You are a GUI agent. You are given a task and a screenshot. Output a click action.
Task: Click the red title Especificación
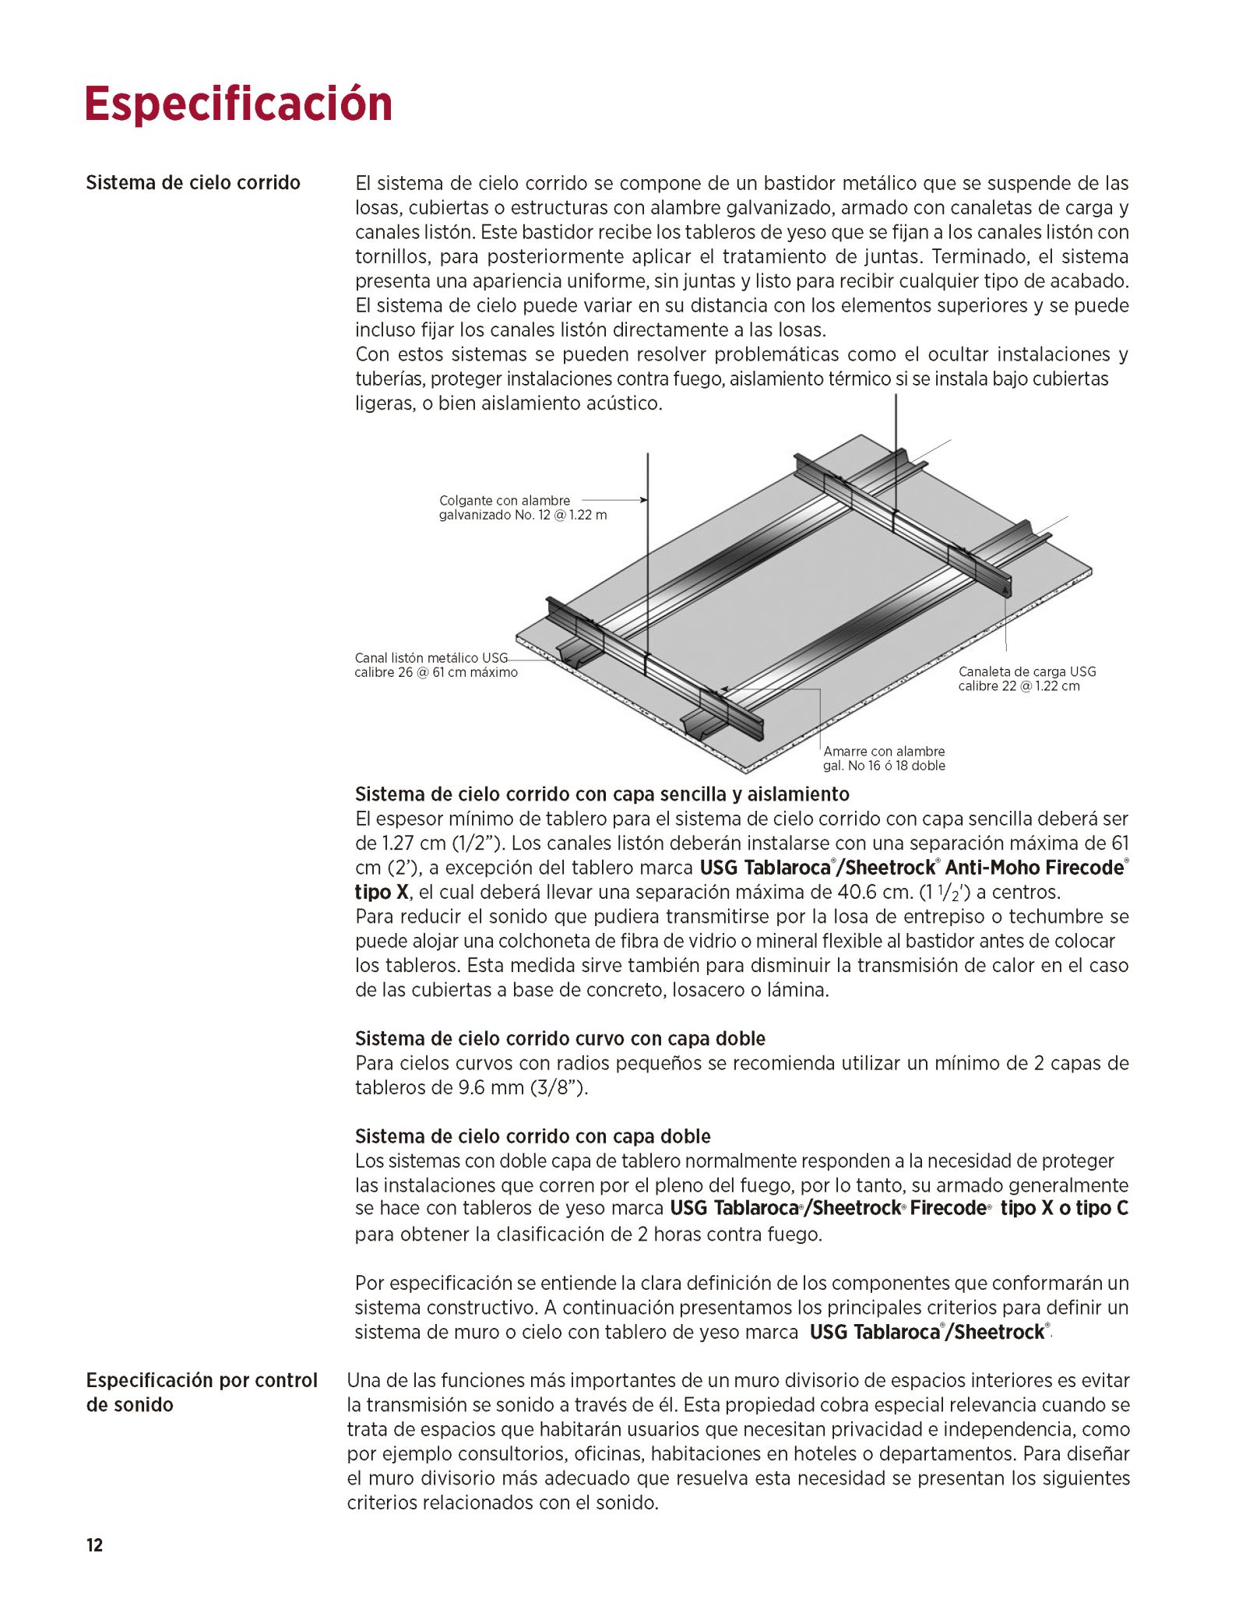(238, 104)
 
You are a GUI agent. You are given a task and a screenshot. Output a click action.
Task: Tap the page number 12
(94, 1545)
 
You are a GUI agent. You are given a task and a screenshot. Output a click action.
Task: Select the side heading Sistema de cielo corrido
(192, 183)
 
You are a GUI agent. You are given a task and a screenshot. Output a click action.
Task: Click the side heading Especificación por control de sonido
(201, 1392)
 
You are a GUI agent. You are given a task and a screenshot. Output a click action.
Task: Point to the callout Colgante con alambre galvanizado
(522, 508)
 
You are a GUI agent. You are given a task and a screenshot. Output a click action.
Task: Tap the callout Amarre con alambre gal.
(884, 759)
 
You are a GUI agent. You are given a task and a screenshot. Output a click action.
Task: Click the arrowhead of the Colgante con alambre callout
(643, 500)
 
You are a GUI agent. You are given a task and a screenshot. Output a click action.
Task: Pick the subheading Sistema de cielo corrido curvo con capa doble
(560, 1038)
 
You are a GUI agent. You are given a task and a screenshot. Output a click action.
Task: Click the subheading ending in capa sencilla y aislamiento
(602, 794)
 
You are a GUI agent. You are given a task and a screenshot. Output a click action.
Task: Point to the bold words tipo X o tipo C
(1064, 1208)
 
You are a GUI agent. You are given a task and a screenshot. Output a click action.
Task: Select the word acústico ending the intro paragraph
(625, 403)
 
